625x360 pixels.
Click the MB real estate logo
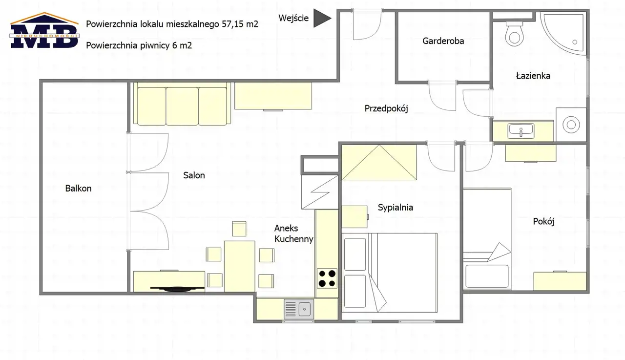[x=44, y=30]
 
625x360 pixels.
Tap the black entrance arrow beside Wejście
[x=322, y=18]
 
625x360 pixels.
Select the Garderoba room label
[x=443, y=41]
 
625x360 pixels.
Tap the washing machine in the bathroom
[x=571, y=125]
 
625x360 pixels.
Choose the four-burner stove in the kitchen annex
[x=327, y=278]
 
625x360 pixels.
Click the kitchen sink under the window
[x=299, y=309]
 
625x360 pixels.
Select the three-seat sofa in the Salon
[x=182, y=104]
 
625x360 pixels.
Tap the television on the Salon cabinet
[x=177, y=289]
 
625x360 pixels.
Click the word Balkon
[x=79, y=189]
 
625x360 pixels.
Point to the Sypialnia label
[x=396, y=208]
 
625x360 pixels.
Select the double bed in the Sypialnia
[x=390, y=273]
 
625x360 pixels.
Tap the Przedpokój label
[x=386, y=108]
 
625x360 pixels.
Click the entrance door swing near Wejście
[x=367, y=24]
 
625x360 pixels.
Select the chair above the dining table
[x=239, y=229]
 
